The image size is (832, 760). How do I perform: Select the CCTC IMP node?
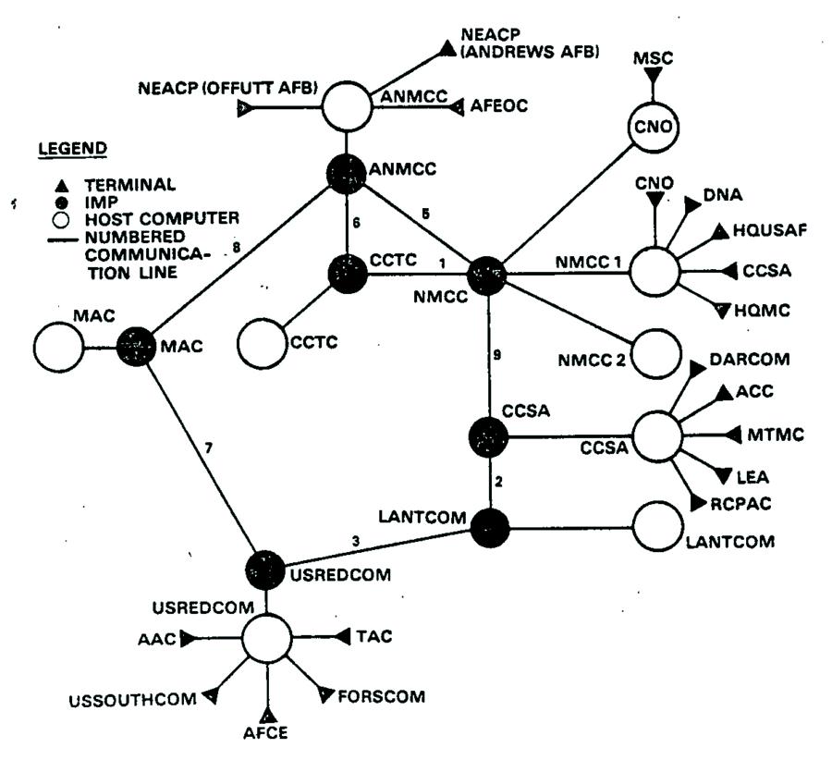[346, 274]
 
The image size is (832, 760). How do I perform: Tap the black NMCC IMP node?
[487, 275]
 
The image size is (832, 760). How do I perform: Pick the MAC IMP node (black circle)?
[136, 348]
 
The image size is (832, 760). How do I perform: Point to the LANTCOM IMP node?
[488, 527]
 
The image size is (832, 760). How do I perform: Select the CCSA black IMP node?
[488, 437]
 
